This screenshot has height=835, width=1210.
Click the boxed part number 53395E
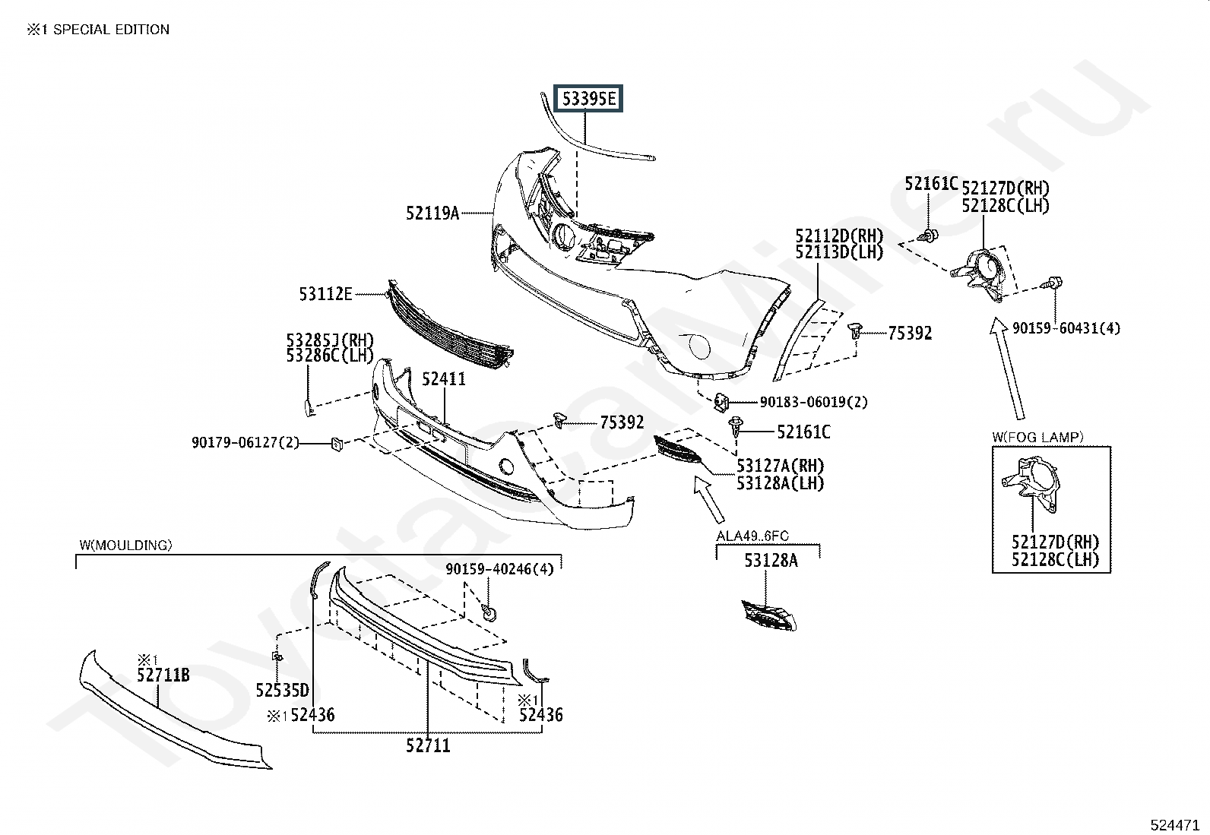tap(588, 98)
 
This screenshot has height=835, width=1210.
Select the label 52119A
tap(432, 213)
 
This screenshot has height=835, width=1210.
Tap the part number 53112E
tap(326, 294)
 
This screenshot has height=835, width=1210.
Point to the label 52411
tap(443, 379)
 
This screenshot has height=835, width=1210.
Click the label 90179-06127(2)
tap(245, 442)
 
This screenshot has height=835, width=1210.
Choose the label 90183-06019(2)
tap(813, 402)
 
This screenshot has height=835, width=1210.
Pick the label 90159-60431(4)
tap(1066, 327)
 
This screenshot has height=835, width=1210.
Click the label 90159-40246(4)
tap(499, 569)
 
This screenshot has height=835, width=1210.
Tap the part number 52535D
tap(282, 690)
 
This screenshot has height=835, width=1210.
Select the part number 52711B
tap(163, 675)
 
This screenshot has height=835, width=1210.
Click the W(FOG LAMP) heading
tap(1037, 437)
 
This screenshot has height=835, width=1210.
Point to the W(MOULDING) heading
tap(126, 545)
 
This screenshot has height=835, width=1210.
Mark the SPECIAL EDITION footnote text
tap(111, 29)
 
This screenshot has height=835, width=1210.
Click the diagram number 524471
tap(1175, 824)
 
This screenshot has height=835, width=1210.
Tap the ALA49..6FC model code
tap(752, 536)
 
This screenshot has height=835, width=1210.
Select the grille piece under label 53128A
tap(769, 615)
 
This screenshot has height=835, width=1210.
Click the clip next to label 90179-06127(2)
tap(337, 444)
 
